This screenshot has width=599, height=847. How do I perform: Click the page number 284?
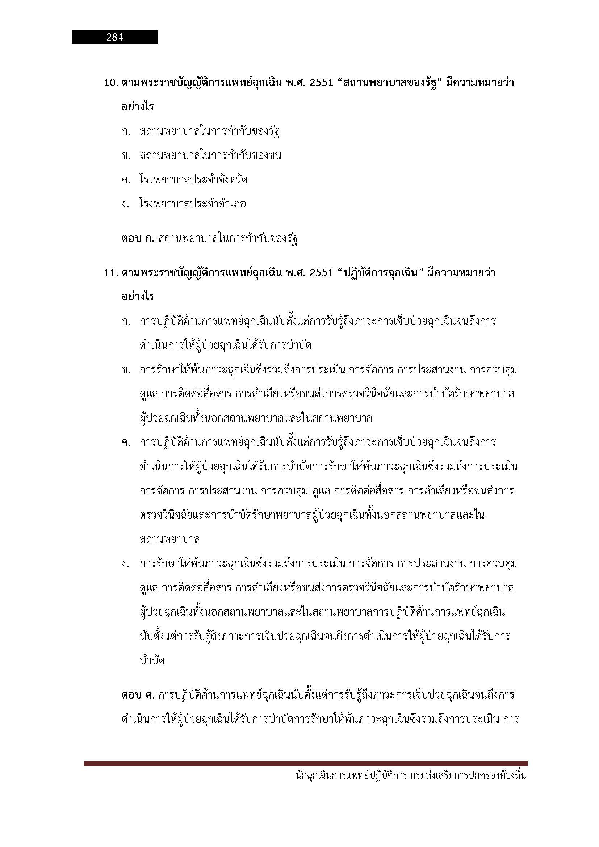point(114,37)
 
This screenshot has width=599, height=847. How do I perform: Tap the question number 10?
point(111,83)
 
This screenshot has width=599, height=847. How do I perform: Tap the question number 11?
point(111,273)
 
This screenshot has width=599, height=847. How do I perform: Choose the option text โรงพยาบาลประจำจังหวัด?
point(193,180)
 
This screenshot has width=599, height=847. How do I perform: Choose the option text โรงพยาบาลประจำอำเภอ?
point(193,204)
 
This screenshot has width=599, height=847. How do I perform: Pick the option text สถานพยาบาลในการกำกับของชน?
point(210,155)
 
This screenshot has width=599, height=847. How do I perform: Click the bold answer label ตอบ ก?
point(138,239)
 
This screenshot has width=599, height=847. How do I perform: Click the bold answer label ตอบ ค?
point(138,695)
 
